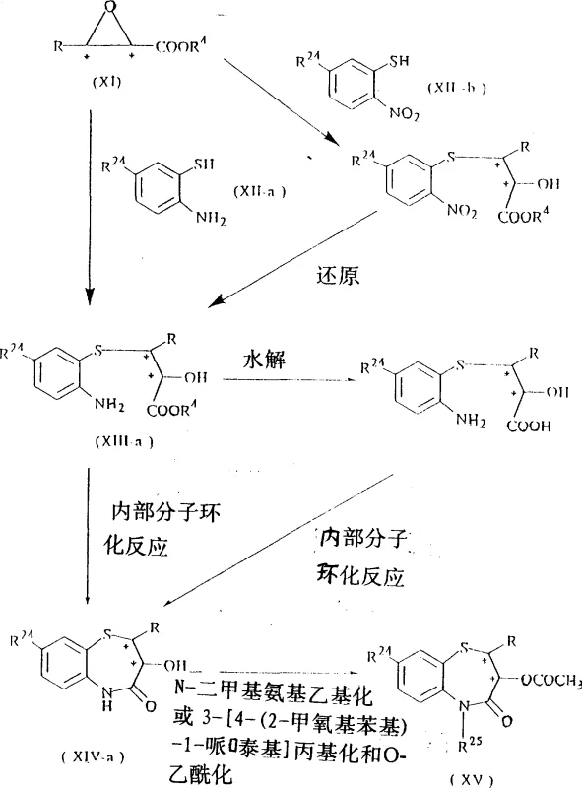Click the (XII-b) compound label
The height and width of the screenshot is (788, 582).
click(x=456, y=88)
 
